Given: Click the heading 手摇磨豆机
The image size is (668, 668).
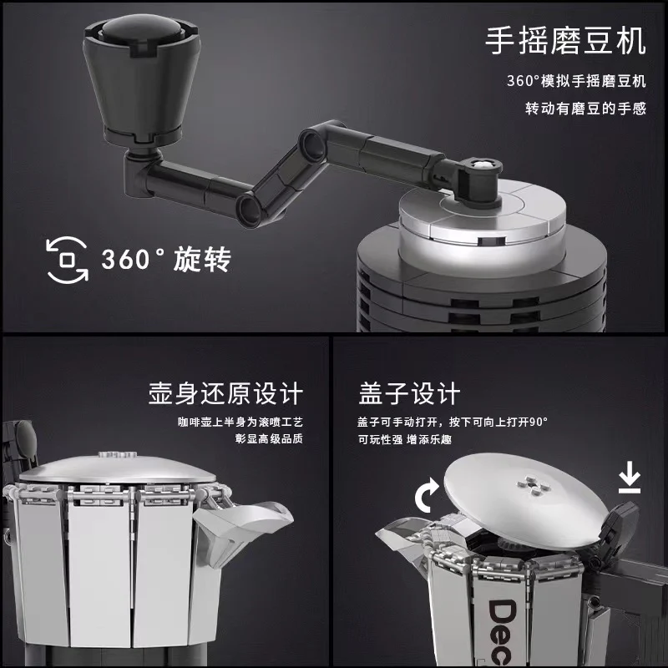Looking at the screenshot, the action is point(566,41).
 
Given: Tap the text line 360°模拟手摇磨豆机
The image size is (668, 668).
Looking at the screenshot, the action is point(576,81).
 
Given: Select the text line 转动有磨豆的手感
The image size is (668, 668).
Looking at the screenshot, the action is point(585,109).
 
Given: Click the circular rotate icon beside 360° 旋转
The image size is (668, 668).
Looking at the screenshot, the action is point(67,260).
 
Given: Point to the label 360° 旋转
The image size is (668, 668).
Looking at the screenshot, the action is point(166,259).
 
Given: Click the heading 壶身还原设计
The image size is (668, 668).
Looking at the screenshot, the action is point(225,393).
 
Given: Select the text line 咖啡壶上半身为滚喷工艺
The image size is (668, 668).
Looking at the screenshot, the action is point(240,422).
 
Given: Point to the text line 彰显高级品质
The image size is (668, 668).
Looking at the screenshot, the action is point(269,439).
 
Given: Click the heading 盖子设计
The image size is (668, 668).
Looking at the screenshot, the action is point(409,393).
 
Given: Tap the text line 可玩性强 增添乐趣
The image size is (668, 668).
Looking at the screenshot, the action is point(404,439).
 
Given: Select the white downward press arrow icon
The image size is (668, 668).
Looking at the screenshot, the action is point(630,481).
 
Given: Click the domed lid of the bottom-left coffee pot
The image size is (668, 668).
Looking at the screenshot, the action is point(117,468).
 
